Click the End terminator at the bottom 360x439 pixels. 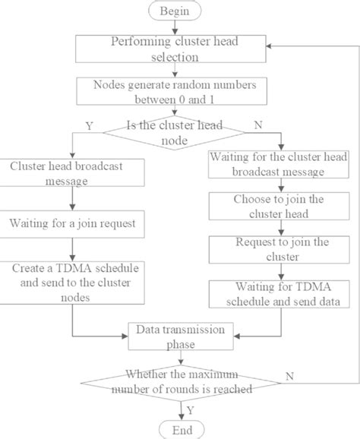(181, 429)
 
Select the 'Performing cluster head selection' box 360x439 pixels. (181, 49)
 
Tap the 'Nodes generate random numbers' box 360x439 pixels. (181, 91)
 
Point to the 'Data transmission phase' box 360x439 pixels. (181, 336)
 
